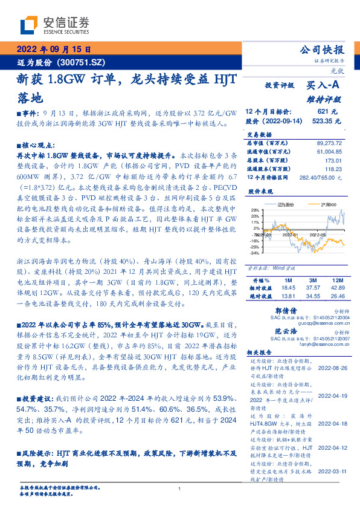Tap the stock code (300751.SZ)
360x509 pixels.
[88, 62]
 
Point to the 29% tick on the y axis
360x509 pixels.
[255, 210]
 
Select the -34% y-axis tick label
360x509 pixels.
[254, 253]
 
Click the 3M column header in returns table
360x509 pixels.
[312, 281]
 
